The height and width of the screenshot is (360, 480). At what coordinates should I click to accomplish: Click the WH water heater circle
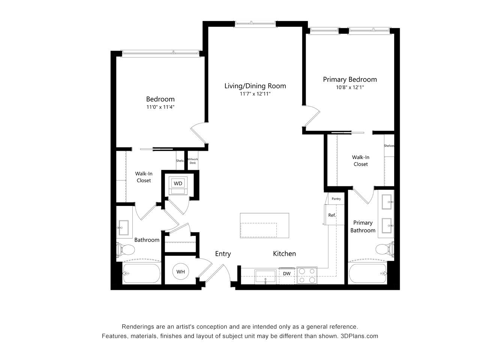click(180, 272)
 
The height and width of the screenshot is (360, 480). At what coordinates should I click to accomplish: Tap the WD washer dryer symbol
click(178, 185)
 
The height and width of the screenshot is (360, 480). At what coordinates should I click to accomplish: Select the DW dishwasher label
click(287, 274)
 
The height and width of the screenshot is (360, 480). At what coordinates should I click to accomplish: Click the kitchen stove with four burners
click(307, 276)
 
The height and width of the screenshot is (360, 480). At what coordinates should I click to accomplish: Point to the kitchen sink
click(265, 277)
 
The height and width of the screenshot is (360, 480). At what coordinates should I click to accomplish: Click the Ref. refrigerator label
click(332, 215)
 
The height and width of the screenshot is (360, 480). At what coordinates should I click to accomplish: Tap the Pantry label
click(336, 199)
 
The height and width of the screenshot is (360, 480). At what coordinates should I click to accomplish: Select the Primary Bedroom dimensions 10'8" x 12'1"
click(349, 87)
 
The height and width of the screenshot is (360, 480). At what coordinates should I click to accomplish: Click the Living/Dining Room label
click(255, 86)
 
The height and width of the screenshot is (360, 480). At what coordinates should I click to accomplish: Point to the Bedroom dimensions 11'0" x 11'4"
click(160, 107)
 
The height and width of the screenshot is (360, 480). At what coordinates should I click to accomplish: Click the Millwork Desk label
click(193, 161)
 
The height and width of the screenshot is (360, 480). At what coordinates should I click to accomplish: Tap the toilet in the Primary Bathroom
click(385, 249)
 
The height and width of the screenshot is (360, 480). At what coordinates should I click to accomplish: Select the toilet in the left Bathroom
click(125, 249)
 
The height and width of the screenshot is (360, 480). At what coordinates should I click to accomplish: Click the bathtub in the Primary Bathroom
click(368, 274)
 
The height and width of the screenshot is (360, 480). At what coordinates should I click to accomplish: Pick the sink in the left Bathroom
click(123, 228)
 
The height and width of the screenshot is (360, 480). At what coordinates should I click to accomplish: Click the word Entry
click(223, 254)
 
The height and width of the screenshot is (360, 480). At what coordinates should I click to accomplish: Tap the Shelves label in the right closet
click(389, 146)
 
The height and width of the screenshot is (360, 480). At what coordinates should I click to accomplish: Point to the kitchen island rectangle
click(264, 225)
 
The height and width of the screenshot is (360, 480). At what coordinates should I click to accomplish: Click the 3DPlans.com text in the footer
click(359, 336)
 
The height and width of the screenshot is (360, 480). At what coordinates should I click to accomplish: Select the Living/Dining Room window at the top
click(255, 23)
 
